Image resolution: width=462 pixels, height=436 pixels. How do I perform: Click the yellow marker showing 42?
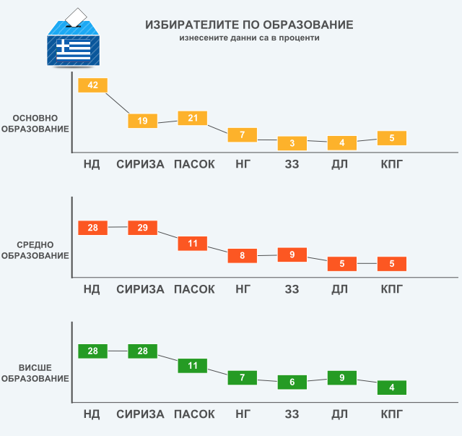[x=92, y=85]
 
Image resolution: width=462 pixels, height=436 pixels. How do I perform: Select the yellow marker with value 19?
[x=143, y=121]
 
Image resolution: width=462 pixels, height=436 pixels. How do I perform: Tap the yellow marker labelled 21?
[x=193, y=119]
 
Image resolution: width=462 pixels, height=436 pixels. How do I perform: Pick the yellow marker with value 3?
[x=292, y=143]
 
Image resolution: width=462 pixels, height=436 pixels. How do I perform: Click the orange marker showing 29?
[x=143, y=228]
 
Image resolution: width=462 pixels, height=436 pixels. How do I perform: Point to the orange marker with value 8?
[x=243, y=255]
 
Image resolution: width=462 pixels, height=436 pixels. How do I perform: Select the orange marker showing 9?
[x=292, y=255]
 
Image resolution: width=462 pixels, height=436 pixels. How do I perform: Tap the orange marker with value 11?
[x=193, y=244]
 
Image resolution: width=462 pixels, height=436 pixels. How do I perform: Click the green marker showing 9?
[x=342, y=377]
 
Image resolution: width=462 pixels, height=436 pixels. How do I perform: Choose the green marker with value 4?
[x=392, y=388]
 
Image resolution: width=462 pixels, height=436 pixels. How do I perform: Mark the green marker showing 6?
[x=292, y=382]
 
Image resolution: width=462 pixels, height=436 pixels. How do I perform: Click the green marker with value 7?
[x=243, y=377]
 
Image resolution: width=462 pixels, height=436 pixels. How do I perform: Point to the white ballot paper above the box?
[x=74, y=17]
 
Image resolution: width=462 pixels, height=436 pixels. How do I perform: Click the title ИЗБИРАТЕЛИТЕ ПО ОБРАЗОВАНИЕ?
[x=249, y=25]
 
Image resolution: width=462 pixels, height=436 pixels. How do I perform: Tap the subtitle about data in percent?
[x=249, y=38]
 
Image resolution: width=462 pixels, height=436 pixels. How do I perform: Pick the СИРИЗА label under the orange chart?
[x=141, y=289]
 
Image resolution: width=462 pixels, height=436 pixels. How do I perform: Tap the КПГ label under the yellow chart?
[x=392, y=164]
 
